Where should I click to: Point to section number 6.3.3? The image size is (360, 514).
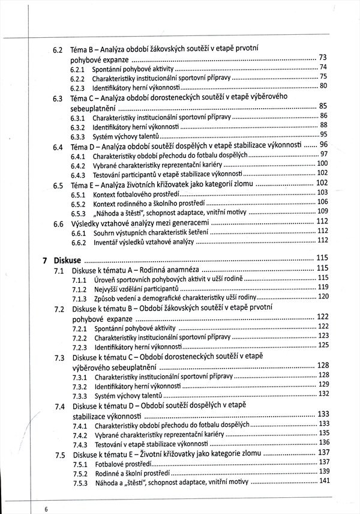[77, 136]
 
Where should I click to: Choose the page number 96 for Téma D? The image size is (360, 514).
[323, 144]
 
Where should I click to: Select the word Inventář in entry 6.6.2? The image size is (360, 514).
[107, 242]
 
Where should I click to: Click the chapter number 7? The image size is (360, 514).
[45, 261]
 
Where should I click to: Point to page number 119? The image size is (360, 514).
[323, 287]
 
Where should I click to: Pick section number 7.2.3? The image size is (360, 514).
[80, 347]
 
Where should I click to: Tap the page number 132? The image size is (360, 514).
[324, 393]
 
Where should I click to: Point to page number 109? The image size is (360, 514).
[322, 211]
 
